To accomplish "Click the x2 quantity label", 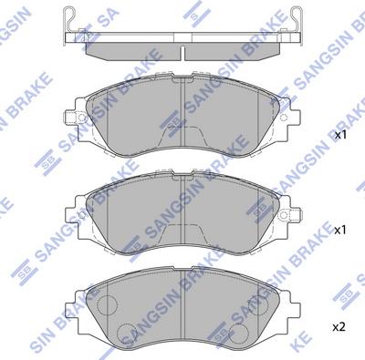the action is click(339, 327).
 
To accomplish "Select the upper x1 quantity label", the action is click(340, 136).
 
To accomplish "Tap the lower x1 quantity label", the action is click(340, 231).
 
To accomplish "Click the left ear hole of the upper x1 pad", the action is click(81, 117).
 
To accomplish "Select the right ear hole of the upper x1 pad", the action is click(283, 118).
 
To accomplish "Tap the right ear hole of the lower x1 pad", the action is click(283, 215).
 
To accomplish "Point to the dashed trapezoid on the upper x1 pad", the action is click(182, 136).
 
